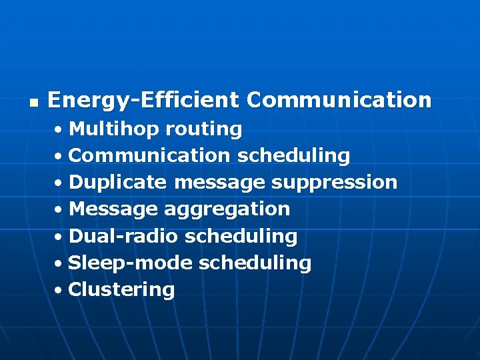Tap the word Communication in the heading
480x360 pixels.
click(339, 101)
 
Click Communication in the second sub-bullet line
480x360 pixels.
click(149, 155)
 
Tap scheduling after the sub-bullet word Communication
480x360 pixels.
click(293, 156)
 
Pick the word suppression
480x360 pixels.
click(335, 183)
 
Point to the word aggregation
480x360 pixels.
click(227, 210)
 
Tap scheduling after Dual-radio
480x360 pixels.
click(241, 237)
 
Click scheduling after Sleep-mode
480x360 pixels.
click(255, 263)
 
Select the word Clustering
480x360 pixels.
click(121, 290)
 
